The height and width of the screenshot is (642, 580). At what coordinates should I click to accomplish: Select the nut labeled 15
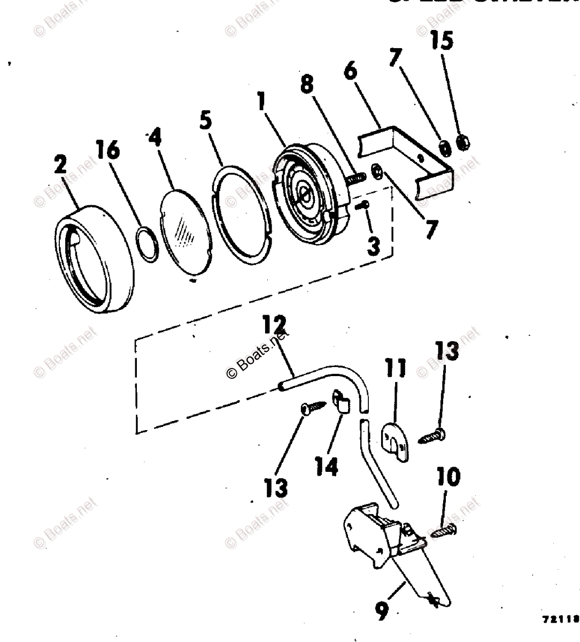pos(462,142)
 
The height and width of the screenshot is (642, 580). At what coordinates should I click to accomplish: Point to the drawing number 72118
pos(559,617)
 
